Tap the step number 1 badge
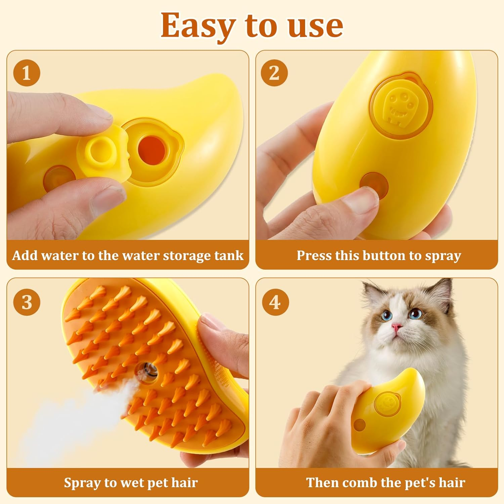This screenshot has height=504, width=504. (27, 73)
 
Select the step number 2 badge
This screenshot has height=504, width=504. (274, 73)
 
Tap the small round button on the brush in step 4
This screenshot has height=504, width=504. (360, 425)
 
